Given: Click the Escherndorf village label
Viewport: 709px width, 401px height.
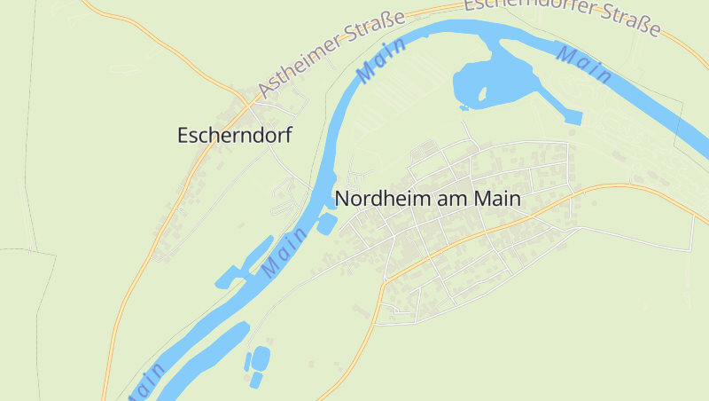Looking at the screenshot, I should click(x=234, y=136).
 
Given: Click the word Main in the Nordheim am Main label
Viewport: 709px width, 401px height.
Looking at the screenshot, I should click(x=497, y=200).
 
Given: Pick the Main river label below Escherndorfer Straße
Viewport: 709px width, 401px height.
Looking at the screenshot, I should click(x=584, y=65).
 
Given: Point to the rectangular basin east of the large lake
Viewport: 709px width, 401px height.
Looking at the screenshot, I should click(x=573, y=116).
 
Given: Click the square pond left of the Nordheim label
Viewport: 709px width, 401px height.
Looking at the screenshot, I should click(x=326, y=224).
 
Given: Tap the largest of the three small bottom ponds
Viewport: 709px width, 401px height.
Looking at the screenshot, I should click(x=261, y=358).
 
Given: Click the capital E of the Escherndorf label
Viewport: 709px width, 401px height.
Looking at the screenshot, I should click(x=183, y=136).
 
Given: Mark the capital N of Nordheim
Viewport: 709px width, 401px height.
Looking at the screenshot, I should click(x=342, y=200).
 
